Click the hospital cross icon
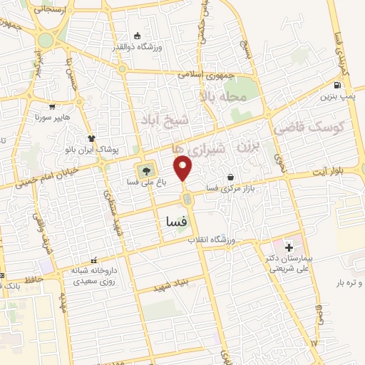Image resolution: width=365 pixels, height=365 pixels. (x=289, y=246)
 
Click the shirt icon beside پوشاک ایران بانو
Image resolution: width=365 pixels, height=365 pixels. (x=91, y=138)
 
